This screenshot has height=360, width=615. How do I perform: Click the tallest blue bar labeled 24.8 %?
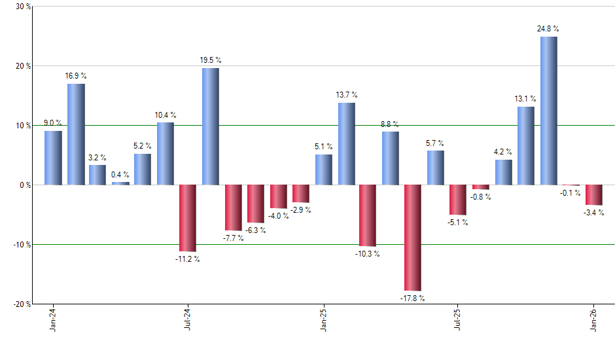549,111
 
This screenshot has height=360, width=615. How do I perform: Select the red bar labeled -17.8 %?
413,238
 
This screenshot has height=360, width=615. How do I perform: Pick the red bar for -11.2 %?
188,218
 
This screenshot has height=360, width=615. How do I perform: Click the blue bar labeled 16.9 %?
76,134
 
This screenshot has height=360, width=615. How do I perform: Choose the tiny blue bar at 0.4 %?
120,183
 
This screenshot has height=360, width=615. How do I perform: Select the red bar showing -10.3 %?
368,215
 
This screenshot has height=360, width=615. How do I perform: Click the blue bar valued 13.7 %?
346,143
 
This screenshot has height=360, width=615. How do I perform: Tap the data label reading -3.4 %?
594,212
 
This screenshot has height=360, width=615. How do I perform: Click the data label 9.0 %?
53,122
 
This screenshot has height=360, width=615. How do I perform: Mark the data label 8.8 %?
391,124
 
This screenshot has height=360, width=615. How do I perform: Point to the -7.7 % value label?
233,238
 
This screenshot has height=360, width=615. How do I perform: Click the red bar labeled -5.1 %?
458,200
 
